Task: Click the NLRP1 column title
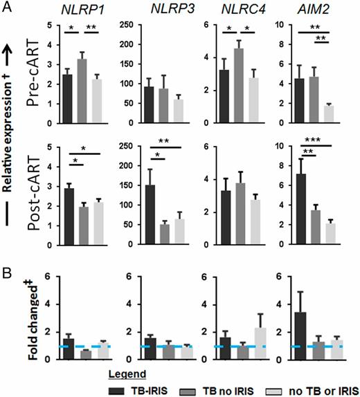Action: coord(93,10)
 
